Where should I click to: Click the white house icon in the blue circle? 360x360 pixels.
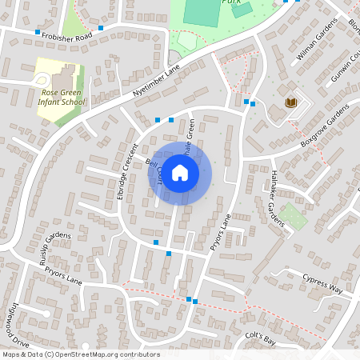pyautogui.click(x=180, y=172)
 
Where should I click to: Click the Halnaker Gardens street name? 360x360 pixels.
pyautogui.click(x=276, y=203)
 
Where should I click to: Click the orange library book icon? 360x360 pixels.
pyautogui.click(x=291, y=102)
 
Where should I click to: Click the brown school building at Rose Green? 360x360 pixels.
pyautogui.click(x=64, y=77)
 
